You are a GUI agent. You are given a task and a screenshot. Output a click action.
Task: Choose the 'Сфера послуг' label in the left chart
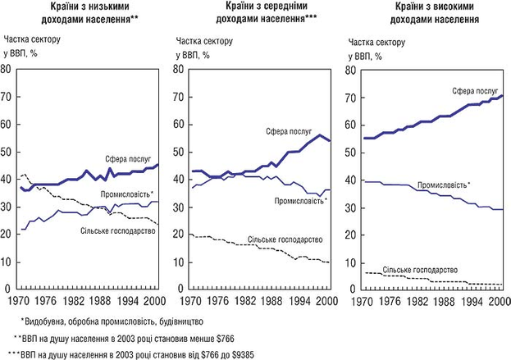(128, 156)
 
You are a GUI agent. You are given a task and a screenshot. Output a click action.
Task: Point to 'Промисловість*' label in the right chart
(444, 185)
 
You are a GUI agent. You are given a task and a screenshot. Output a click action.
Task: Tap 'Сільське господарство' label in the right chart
(419, 270)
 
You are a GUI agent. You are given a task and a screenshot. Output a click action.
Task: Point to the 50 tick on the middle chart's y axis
(176, 153)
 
